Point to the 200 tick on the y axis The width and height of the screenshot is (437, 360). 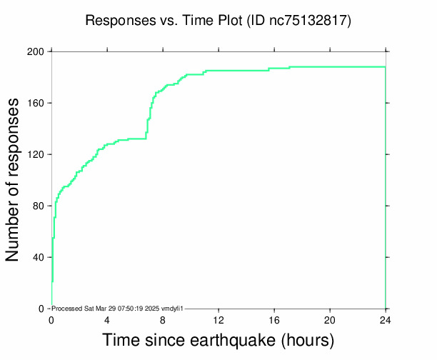pyautogui.click(x=36, y=51)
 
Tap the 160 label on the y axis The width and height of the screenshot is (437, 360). pyautogui.click(x=36, y=103)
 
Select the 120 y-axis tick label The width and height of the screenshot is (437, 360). pyautogui.click(x=36, y=154)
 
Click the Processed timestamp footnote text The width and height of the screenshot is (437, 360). pyautogui.click(x=118, y=308)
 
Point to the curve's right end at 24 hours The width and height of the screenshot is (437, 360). pyautogui.click(x=385, y=67)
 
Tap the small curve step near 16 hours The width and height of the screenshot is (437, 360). pyautogui.click(x=269, y=69)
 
